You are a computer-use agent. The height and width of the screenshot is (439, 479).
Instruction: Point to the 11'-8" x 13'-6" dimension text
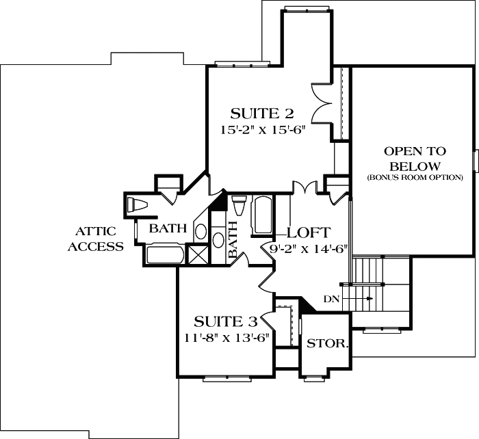225,336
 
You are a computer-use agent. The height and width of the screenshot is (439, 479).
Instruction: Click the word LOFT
309,232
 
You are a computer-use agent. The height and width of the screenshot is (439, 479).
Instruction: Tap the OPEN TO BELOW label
415,159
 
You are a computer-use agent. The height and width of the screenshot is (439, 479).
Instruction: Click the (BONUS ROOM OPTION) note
415,178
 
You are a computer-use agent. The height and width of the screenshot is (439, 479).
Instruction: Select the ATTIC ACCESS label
95,239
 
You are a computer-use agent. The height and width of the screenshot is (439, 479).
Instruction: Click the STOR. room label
326,343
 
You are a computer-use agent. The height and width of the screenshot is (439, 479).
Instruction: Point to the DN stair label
332,299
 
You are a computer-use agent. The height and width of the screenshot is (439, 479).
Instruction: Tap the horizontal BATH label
168,228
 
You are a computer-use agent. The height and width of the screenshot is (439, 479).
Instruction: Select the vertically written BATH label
232,239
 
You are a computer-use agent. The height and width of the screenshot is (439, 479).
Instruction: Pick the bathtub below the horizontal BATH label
165,255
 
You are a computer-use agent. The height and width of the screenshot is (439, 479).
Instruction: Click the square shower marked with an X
197,255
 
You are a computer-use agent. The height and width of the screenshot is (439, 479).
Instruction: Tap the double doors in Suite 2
321,102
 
